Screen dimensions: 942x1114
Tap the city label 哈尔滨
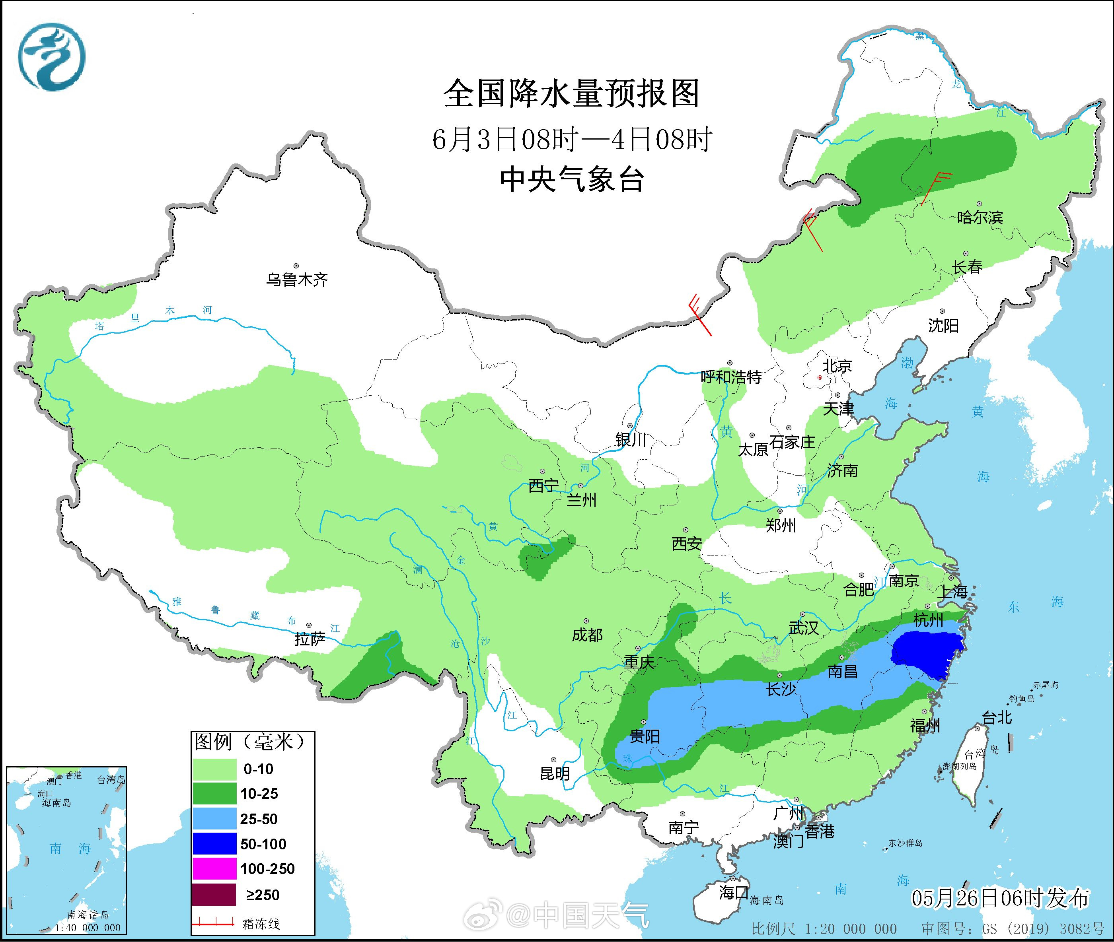tap(980, 218)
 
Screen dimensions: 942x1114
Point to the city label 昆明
tap(555, 773)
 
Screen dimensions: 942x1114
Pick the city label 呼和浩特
tap(731, 377)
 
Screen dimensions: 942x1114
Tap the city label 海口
tap(733, 892)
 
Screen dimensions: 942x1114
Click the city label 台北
tap(997, 717)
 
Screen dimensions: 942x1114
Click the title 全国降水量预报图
tap(571, 94)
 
